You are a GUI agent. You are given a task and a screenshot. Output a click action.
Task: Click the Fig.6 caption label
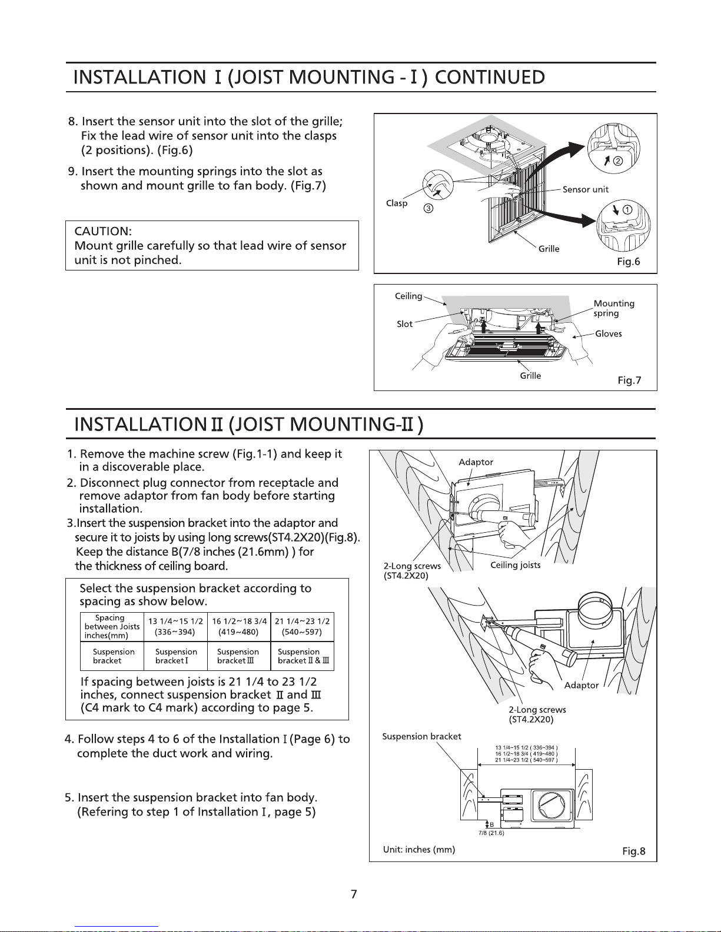[x=629, y=262]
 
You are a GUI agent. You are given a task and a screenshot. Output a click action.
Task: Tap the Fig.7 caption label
[x=629, y=380]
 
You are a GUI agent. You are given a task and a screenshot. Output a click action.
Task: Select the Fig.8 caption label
[x=634, y=851]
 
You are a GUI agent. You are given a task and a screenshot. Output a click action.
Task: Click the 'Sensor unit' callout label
[x=586, y=189]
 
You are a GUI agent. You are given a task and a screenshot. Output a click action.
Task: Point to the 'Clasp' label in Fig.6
[x=397, y=203]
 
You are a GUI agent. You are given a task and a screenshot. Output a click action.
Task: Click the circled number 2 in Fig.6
[x=618, y=161]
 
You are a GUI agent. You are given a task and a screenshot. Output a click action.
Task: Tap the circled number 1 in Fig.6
[x=627, y=210]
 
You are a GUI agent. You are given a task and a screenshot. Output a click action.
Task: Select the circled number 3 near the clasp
[x=428, y=208]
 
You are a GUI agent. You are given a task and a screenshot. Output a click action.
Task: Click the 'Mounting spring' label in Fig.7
[x=614, y=308]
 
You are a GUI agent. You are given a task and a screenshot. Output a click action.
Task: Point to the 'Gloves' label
[x=608, y=333]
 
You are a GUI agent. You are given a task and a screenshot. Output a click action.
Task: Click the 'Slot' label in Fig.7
[x=404, y=324]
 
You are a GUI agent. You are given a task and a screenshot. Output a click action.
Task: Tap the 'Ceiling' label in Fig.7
[x=408, y=296]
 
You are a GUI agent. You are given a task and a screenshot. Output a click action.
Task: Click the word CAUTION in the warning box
[x=103, y=232]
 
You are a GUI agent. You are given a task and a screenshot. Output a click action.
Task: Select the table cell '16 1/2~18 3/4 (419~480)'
[x=239, y=627]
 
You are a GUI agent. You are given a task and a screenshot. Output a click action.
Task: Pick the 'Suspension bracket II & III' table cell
[x=303, y=656]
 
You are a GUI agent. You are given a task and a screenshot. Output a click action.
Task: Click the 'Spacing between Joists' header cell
[x=112, y=627]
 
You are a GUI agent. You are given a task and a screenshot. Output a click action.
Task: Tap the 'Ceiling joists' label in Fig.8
[x=516, y=565]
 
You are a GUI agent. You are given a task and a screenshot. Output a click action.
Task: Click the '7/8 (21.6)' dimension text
[x=491, y=833]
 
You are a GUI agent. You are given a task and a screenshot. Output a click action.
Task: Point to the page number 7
[x=354, y=894]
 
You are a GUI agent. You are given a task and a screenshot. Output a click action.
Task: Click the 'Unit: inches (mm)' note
[x=419, y=850]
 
